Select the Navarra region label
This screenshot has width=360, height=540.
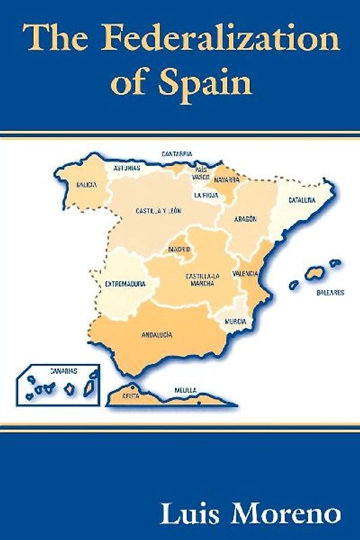pos(227,180)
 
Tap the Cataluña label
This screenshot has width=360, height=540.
pos(302,200)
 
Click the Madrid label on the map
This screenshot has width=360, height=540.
pos(179,249)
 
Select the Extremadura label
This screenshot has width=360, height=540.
pos(126,284)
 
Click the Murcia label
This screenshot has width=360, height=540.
pos(235,321)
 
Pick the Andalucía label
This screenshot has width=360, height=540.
pos(157,335)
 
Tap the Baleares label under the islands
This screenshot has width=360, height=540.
pos(330,293)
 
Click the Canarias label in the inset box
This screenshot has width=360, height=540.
pos(63,371)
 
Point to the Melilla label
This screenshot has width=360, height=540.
pos(185,390)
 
